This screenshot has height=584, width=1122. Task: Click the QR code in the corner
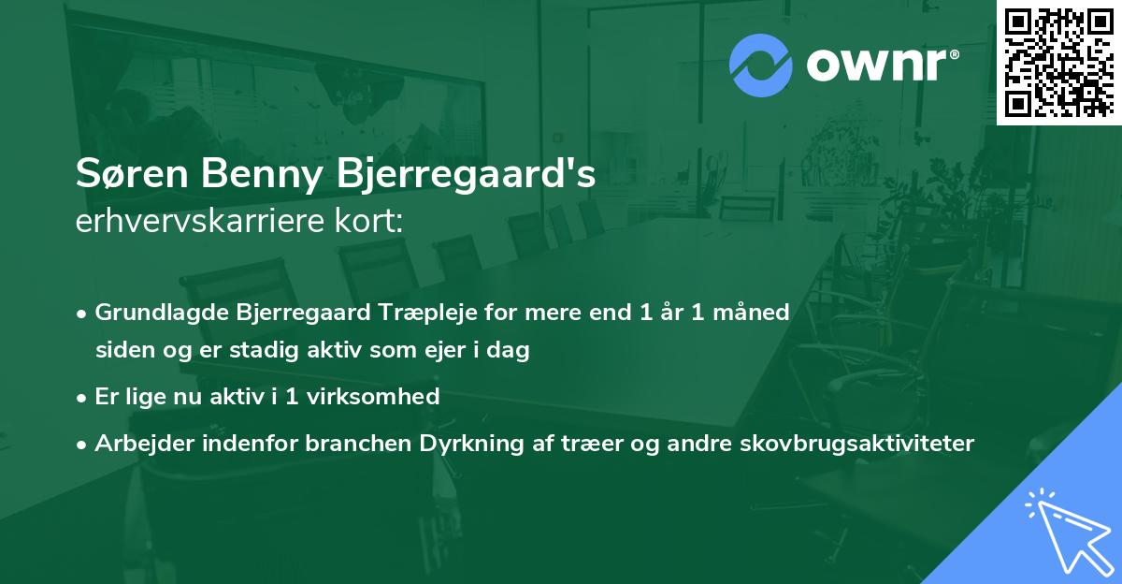coord(1058,62)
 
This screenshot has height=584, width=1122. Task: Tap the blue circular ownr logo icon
coord(760,66)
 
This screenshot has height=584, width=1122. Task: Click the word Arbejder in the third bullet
coord(135,443)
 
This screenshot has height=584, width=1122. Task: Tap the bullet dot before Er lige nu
coord(82,397)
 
